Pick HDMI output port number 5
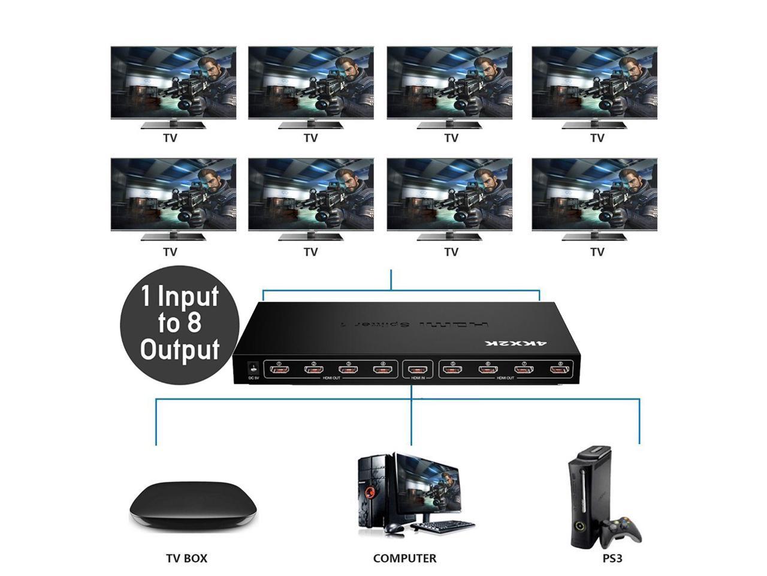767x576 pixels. click(454, 370)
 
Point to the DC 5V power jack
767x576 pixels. click(253, 367)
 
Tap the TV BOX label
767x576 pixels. click(186, 558)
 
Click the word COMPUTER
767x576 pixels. click(404, 558)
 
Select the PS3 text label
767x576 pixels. click(612, 558)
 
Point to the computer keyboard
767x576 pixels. click(443, 526)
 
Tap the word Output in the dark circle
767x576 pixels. click(180, 349)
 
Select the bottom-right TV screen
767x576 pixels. click(594, 196)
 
